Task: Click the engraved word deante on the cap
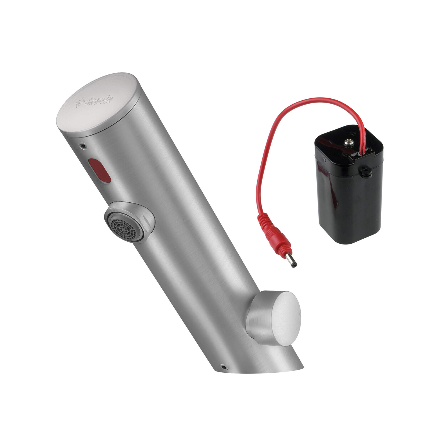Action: click(99, 101)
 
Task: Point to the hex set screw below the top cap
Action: click(83, 145)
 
